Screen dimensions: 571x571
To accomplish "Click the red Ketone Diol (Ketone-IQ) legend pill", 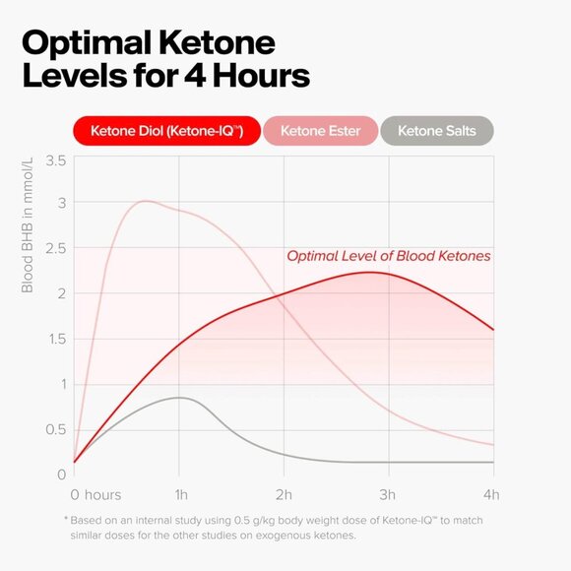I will tap(166, 131).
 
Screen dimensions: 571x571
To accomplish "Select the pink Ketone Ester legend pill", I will tap(320, 131).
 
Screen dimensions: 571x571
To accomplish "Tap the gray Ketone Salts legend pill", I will tap(437, 131).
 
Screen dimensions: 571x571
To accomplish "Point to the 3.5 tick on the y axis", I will tap(55, 160).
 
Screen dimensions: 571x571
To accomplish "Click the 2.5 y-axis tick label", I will tap(55, 248).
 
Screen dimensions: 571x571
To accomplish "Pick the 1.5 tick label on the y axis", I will tap(55, 339).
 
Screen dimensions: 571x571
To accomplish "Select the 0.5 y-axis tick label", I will tap(55, 429).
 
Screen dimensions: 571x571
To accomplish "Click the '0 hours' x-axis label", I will tap(95, 494).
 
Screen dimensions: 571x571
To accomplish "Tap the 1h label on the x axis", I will tap(179, 494).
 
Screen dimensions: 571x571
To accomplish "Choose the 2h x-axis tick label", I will tap(284, 494).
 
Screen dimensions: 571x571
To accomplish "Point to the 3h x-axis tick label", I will tap(388, 494).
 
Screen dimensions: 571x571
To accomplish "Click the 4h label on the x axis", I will tap(491, 494).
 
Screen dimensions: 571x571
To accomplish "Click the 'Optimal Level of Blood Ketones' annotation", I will tap(388, 256).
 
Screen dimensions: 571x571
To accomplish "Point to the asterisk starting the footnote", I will tap(66, 519).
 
